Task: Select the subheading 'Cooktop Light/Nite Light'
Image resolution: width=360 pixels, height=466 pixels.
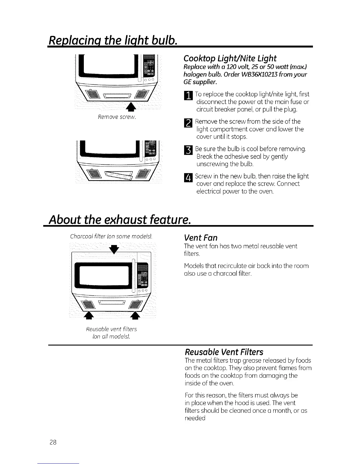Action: pos(230,58)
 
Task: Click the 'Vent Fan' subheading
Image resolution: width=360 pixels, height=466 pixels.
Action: pos(201,238)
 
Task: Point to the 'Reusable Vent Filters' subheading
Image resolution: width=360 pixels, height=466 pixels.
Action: pos(224,352)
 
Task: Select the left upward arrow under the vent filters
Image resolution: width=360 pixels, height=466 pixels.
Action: pos(87,315)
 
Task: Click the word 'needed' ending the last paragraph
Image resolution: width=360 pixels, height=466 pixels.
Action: pos(195,418)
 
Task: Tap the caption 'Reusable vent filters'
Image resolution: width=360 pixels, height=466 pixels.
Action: pos(111,329)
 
